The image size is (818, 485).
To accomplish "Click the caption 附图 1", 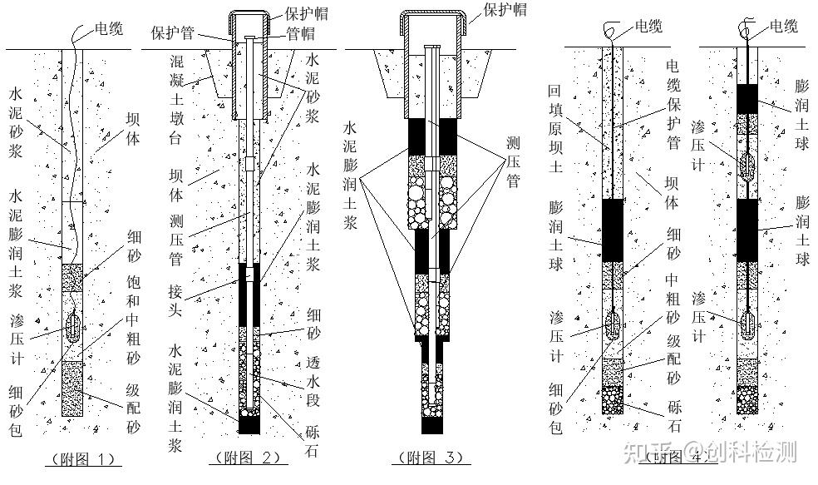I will tap(81, 458).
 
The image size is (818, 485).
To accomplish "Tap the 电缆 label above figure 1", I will tap(106, 29).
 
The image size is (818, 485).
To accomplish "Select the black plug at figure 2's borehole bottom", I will tap(249, 423).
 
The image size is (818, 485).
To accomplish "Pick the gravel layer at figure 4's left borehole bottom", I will tap(613, 400).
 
